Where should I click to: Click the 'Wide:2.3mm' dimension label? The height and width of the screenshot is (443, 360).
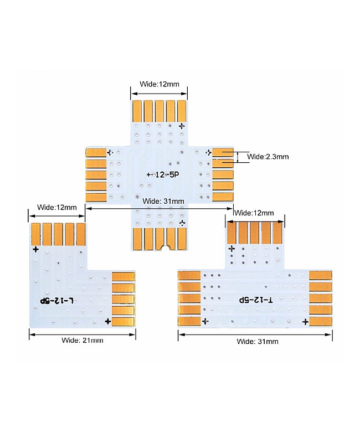(268, 157)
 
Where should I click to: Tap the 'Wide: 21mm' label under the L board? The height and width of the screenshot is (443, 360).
(82, 340)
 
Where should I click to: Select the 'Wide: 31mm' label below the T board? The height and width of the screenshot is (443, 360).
(258, 341)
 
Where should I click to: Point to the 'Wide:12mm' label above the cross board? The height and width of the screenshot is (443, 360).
(159, 85)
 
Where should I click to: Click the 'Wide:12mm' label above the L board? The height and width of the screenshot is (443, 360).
(56, 207)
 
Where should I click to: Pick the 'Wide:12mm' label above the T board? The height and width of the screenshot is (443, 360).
(254, 213)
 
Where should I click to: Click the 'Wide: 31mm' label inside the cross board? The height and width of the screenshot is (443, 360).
(163, 200)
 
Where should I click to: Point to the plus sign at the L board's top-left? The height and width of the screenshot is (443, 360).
(36, 249)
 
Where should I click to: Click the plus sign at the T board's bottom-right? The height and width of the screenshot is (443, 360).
(305, 321)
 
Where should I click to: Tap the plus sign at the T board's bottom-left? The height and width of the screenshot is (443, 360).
(205, 321)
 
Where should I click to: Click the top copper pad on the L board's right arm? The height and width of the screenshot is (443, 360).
(123, 276)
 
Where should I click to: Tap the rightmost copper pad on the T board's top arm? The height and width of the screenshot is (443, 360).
(277, 233)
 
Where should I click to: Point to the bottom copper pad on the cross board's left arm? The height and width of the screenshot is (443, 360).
(96, 198)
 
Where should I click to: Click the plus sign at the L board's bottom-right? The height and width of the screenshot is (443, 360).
(107, 321)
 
